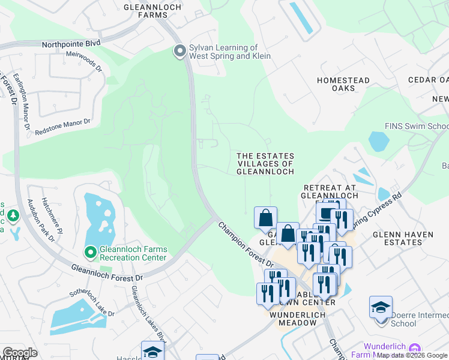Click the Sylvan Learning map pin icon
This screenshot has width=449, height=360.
[x=179, y=52]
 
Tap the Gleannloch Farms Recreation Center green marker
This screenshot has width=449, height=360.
[x=91, y=253]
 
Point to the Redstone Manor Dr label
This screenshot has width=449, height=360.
[x=62, y=126]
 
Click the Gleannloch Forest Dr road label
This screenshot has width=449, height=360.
[x=107, y=273]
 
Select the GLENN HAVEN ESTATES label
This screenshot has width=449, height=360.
[x=397, y=238]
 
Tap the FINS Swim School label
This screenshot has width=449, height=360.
[x=417, y=126]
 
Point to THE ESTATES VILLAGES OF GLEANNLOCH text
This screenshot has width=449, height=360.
[x=265, y=163]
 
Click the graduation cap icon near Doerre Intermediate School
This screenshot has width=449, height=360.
[x=381, y=307]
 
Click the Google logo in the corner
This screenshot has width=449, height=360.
[x=20, y=353]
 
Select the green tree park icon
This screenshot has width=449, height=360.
[x=12, y=215]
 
